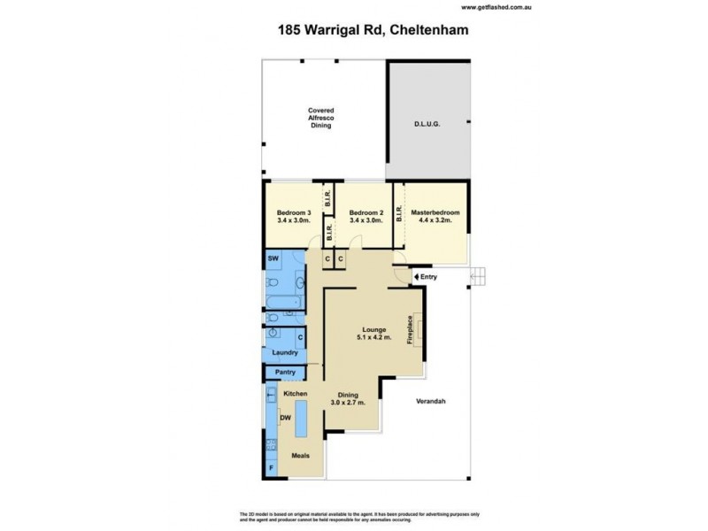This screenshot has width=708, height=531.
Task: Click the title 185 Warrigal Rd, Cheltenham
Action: [354, 29]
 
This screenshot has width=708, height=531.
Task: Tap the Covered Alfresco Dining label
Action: [320, 118]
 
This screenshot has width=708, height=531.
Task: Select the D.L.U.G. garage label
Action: [427, 124]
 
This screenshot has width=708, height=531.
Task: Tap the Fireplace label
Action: [410, 331]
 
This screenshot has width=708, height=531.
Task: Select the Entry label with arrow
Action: [426, 278]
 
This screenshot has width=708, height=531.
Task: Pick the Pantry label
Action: [285, 373]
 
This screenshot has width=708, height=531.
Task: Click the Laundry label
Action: [285, 352]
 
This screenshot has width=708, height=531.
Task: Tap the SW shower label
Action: [273, 258]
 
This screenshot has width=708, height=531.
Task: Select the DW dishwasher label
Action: [285, 418]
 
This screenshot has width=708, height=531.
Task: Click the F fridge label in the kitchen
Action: [272, 466]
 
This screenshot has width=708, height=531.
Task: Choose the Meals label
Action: [303, 456]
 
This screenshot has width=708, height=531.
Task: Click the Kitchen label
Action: [295, 393]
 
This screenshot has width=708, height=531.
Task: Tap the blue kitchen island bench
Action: [301, 418]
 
